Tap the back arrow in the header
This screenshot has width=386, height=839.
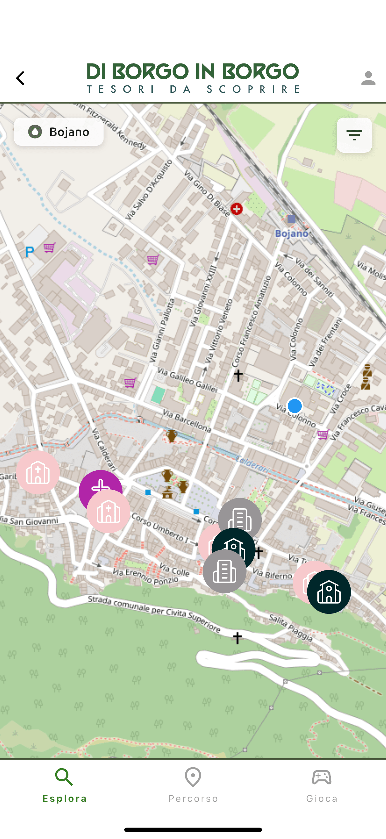(20, 78)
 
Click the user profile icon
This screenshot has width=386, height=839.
(368, 78)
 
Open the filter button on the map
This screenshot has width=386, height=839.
(354, 135)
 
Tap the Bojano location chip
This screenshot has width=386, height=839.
(59, 132)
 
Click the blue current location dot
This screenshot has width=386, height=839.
(294, 406)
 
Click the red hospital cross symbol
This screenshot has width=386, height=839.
(237, 209)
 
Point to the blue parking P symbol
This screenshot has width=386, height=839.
(30, 252)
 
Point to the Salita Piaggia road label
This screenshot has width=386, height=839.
(291, 627)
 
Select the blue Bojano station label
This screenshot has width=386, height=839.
(292, 233)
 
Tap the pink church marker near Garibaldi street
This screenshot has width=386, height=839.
(38, 472)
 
